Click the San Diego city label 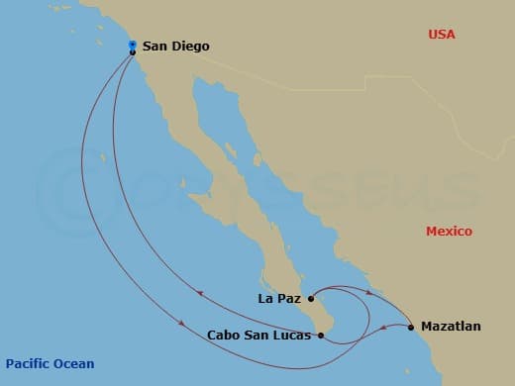click(x=175, y=46)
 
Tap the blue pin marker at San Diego click(x=133, y=45)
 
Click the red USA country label click(x=441, y=35)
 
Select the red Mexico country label click(x=449, y=232)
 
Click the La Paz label click(x=278, y=297)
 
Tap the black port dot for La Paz click(x=311, y=297)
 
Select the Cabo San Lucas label click(x=259, y=336)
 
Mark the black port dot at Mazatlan click(x=411, y=326)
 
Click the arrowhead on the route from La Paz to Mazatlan click(x=371, y=293)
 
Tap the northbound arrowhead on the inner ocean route click(x=202, y=293)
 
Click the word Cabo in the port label click(x=224, y=336)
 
